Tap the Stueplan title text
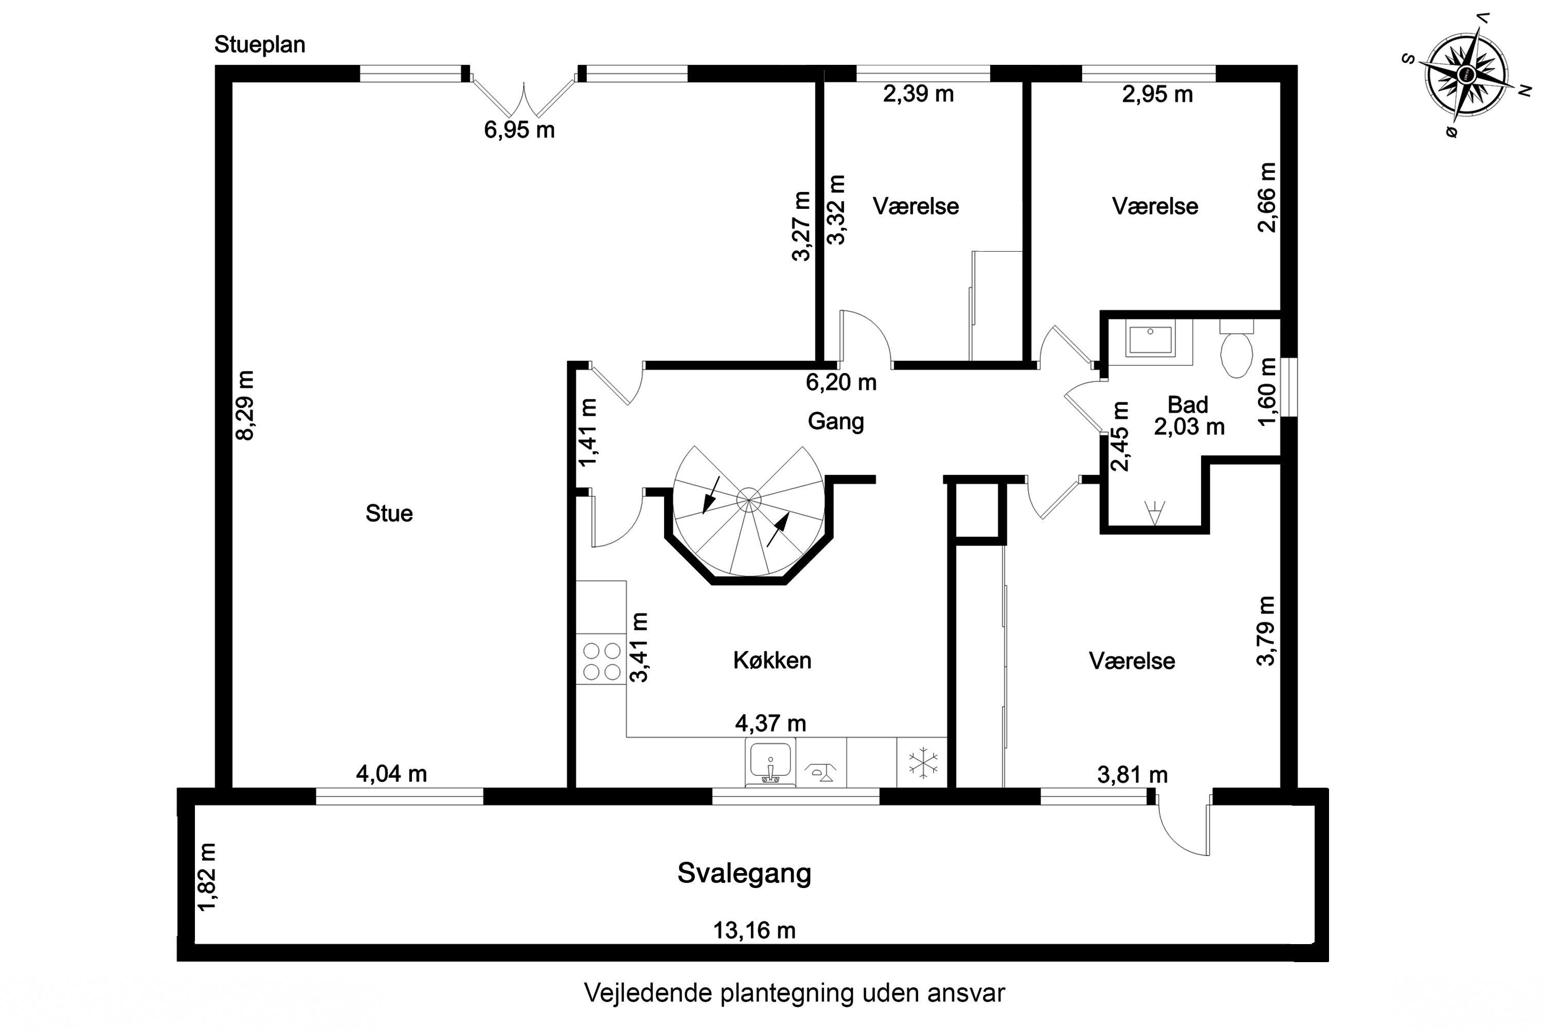point(260,45)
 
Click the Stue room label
point(389,513)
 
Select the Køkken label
point(772,660)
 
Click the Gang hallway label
point(835,421)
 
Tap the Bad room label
point(1188,404)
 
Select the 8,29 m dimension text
point(245,405)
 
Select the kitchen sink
point(770,761)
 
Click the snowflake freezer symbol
point(922,762)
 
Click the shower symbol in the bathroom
point(1154,512)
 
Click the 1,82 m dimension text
point(208,877)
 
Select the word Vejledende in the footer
point(648,993)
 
